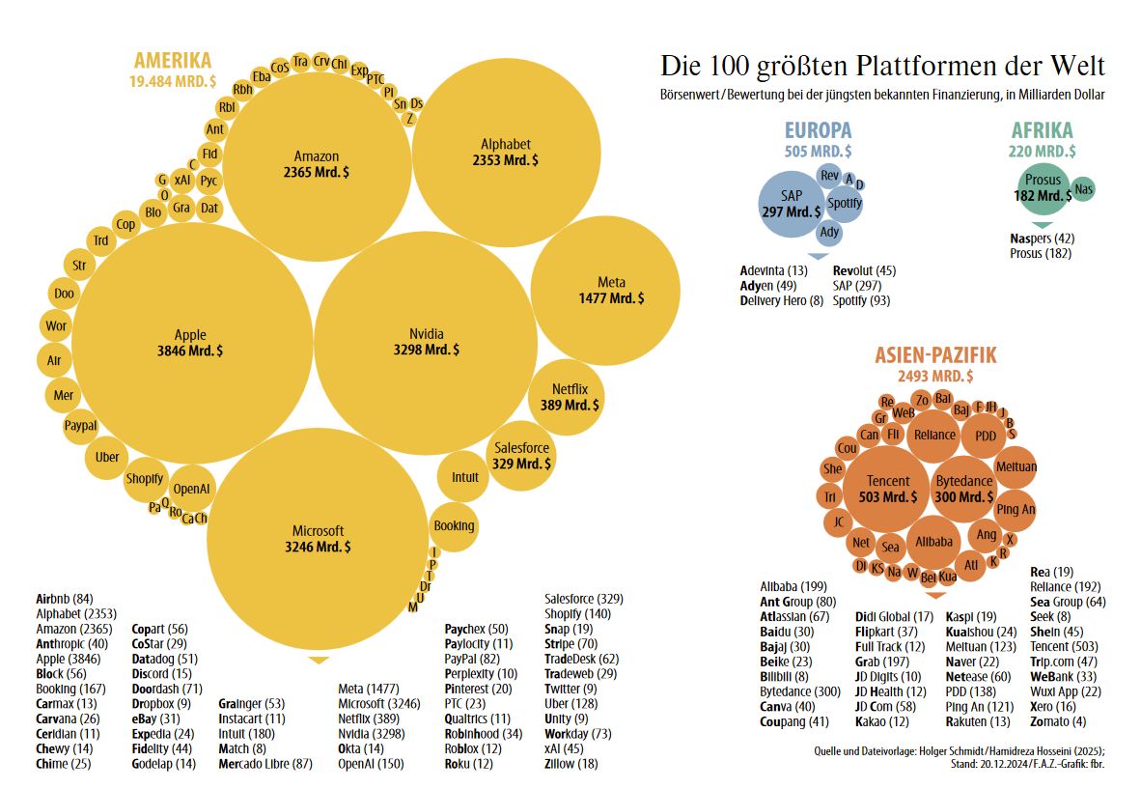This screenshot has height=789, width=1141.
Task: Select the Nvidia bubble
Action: tap(426, 342)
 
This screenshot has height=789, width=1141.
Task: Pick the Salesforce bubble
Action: tap(521, 456)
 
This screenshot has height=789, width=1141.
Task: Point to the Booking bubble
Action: tap(454, 526)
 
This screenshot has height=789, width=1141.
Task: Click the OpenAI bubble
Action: tap(191, 489)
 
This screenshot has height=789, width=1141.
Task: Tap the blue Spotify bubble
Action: tap(845, 203)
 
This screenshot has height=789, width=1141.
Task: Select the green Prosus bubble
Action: tap(1043, 187)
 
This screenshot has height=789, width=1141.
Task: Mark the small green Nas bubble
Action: tap(1083, 188)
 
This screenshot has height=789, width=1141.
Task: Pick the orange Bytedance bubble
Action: tap(963, 489)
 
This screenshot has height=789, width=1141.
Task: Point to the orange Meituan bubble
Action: tap(1016, 467)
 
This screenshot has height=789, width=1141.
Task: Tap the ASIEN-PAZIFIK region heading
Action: tap(935, 355)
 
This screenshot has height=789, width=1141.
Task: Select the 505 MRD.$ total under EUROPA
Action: tap(818, 152)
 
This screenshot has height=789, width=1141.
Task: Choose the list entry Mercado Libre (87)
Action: tap(265, 764)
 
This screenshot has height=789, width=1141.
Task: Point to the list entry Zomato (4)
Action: tap(1057, 721)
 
